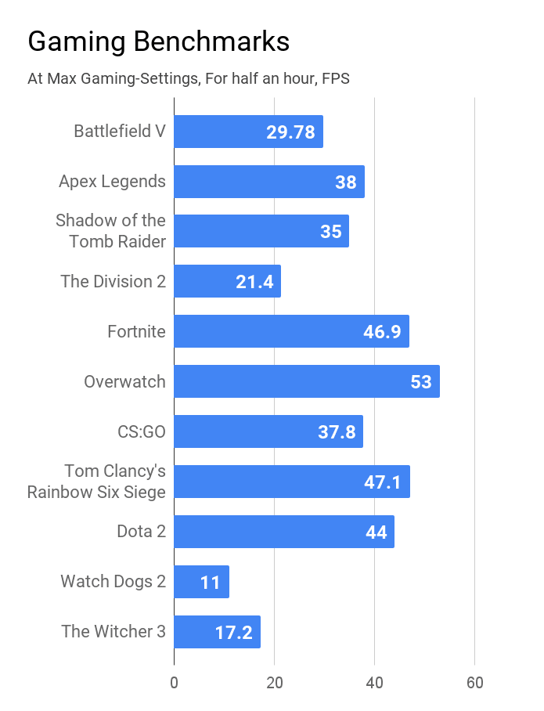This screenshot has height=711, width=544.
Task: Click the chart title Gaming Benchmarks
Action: (x=158, y=42)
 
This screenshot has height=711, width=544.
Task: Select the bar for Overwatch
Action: (x=306, y=381)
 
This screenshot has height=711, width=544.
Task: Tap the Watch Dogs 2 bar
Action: (x=201, y=582)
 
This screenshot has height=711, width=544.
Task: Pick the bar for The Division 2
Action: (x=227, y=281)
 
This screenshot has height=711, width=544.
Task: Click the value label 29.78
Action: (x=290, y=132)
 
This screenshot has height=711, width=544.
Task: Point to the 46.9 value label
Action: (x=382, y=332)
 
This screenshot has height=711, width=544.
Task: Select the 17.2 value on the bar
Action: (x=233, y=633)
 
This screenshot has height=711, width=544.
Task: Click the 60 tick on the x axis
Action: (x=474, y=683)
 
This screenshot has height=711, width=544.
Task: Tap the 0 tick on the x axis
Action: (x=174, y=683)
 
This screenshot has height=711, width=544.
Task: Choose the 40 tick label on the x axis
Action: (x=374, y=683)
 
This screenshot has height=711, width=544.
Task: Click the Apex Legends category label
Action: (x=112, y=181)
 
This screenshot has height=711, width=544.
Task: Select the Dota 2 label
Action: (x=141, y=532)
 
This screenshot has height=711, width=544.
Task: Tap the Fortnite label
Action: (x=136, y=331)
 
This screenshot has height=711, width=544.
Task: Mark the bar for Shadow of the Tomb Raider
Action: (x=261, y=231)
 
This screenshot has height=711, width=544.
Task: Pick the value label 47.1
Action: (x=383, y=482)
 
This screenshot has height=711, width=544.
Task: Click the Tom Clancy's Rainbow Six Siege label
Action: (x=97, y=482)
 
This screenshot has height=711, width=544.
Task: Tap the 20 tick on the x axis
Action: (x=274, y=683)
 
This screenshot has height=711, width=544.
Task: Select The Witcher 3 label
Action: (x=113, y=631)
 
